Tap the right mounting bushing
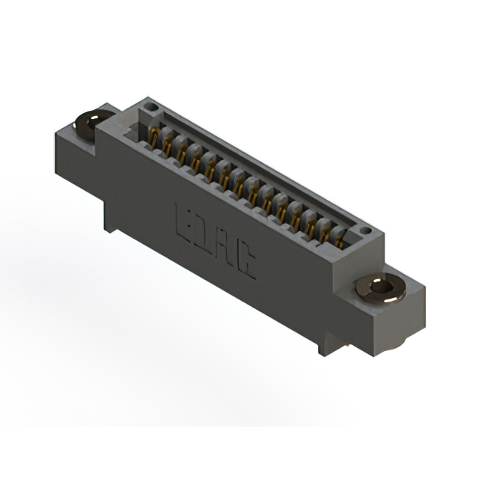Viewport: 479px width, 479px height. (x=381, y=289)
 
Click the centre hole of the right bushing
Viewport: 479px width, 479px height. (x=381, y=287)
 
